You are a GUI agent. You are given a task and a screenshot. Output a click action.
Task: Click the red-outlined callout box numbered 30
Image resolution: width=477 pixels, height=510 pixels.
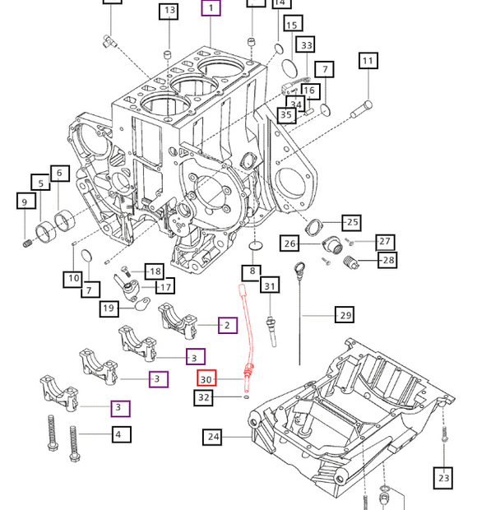coord(206,378)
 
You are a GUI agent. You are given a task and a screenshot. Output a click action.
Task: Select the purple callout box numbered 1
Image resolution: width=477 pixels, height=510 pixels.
coord(211,9)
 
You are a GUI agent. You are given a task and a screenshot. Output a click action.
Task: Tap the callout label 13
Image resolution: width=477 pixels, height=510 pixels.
coord(169,11)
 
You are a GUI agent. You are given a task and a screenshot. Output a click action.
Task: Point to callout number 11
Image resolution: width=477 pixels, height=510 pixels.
coord(368,61)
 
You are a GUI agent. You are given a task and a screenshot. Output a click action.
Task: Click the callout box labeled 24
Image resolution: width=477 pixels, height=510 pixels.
coord(214,437)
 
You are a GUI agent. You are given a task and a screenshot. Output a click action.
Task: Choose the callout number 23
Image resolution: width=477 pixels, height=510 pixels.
coord(444,477)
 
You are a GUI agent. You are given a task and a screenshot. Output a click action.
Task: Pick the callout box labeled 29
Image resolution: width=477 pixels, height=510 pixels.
coord(345,315)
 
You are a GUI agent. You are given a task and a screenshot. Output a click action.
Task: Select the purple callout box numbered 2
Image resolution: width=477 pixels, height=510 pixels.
coord(228,326)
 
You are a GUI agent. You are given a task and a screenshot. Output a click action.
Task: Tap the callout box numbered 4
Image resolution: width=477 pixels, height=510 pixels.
coord(118,433)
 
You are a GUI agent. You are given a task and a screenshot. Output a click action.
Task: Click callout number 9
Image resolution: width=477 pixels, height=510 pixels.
coord(24,202)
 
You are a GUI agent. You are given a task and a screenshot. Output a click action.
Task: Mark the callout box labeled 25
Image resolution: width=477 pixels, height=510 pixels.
coord(351,222)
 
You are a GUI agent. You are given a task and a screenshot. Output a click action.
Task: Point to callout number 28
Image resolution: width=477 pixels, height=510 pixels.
coord(387,261)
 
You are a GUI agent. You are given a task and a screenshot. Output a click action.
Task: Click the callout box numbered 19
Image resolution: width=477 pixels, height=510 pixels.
coord(109,308)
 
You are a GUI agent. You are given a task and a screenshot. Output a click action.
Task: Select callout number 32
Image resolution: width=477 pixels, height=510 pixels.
coord(205,398)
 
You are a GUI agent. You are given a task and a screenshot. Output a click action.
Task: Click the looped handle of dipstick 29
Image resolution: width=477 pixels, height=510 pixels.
coord(300,267)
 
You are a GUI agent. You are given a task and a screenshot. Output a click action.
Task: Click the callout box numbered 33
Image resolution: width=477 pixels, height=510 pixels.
coord(307,45)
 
